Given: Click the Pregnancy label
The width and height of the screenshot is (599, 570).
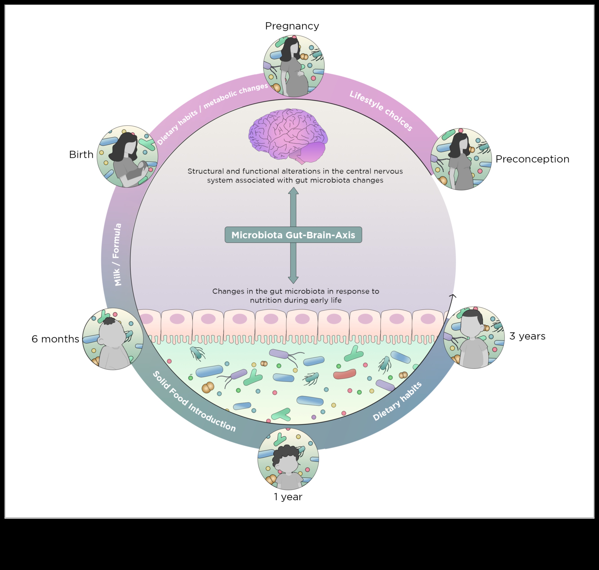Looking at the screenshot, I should coord(292,26).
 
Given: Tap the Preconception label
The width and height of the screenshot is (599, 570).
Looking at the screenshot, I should coord(532,159).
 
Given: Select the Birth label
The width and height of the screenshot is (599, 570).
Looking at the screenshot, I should coord(81,155).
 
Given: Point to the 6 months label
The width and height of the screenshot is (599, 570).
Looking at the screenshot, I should coord(55,339).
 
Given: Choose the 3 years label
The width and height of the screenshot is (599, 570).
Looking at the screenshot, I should coord(527,336).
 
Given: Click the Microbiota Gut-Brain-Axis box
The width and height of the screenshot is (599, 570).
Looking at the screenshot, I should coord(293,235).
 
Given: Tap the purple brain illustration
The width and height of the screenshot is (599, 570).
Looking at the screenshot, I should coord(288,135).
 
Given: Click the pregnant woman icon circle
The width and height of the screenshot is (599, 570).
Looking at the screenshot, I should coord(294,66).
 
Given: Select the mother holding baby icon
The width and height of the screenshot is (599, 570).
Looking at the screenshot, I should coord(127,156).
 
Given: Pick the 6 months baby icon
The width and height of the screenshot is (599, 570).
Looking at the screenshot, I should coord(113,339).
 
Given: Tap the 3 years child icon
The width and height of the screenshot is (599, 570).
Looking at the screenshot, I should coord(474,338).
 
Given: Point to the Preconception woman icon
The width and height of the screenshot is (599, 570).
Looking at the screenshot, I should coord(461,159).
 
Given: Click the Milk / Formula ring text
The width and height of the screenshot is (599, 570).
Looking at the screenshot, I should coord(118,255).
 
